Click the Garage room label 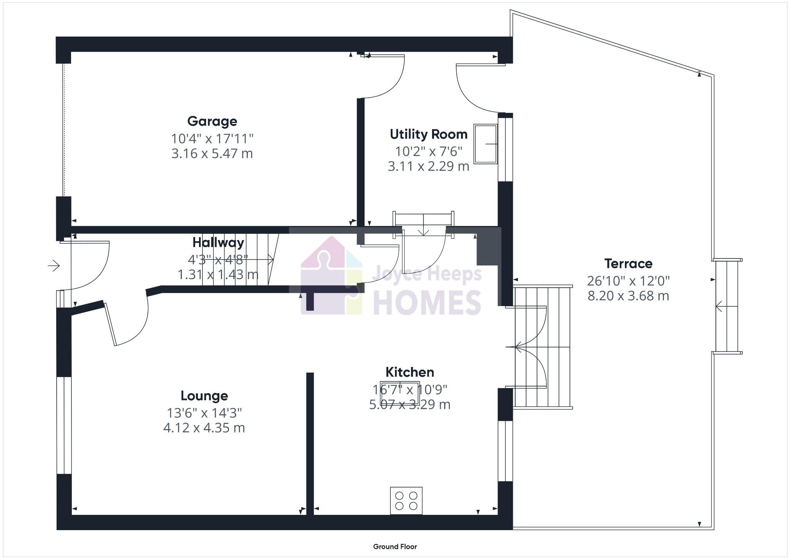pos(212,121)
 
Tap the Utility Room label pos(429,134)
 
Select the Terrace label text pos(628,264)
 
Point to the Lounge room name pos(204,396)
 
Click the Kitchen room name pos(409,372)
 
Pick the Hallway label pos(218,242)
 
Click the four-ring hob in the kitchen pos(406,500)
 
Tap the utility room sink pos(485,144)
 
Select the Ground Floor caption pos(395,547)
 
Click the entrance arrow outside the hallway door pos(54,266)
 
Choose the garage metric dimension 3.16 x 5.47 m pos(212,153)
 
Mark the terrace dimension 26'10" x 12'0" pos(628,281)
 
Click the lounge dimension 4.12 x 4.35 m pos(204,428)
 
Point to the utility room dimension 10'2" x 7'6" pos(429,151)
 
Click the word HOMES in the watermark pos(427,303)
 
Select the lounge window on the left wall pos(64,425)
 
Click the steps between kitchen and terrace pos(543,347)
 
